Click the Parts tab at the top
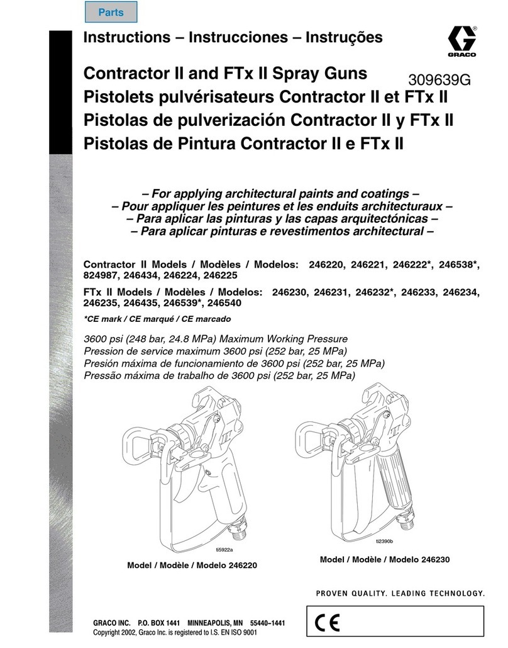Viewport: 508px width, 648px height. click(111, 12)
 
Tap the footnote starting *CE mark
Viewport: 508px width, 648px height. click(157, 319)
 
